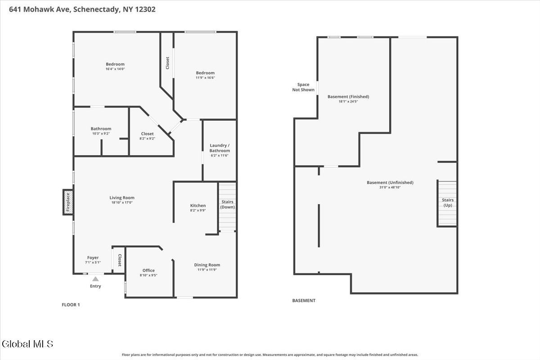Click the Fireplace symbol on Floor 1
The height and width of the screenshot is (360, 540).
[68, 202]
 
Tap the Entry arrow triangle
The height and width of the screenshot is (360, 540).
[95, 279]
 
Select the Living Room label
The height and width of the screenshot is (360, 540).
[122, 198]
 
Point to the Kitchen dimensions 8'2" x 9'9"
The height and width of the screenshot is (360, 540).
[198, 210]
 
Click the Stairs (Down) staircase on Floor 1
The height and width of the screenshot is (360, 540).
[227, 207]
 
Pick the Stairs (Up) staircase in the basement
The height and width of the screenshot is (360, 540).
[447, 203]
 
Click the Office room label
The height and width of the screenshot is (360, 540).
[148, 270]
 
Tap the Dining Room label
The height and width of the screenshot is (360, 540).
[207, 265]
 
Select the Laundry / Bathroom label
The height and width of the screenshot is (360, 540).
[220, 148]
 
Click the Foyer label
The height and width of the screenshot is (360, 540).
[93, 257]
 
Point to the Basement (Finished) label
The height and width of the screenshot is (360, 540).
[348, 97]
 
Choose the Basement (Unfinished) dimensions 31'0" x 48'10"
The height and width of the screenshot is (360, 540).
[390, 187]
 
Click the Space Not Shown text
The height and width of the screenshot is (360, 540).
[303, 87]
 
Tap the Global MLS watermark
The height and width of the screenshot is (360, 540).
[27, 344]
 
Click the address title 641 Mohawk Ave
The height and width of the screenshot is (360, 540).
[40, 9]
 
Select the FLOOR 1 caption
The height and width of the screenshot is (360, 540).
[71, 305]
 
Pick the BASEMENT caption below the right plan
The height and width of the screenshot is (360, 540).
[304, 301]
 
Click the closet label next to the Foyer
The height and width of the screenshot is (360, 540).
[120, 260]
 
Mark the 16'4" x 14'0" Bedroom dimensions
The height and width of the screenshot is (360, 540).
[115, 69]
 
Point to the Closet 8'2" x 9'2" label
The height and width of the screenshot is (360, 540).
[147, 136]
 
